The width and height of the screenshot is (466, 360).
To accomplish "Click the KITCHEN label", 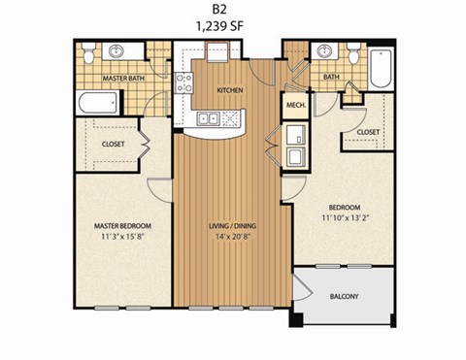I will click(x=229, y=91).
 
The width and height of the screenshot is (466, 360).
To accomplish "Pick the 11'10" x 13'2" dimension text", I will click(x=345, y=217).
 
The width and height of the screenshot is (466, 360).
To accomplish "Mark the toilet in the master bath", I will click(x=88, y=54).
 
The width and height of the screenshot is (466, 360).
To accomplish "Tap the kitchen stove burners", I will click(x=231, y=118).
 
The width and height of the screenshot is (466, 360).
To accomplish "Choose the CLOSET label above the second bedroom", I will click(x=367, y=131).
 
